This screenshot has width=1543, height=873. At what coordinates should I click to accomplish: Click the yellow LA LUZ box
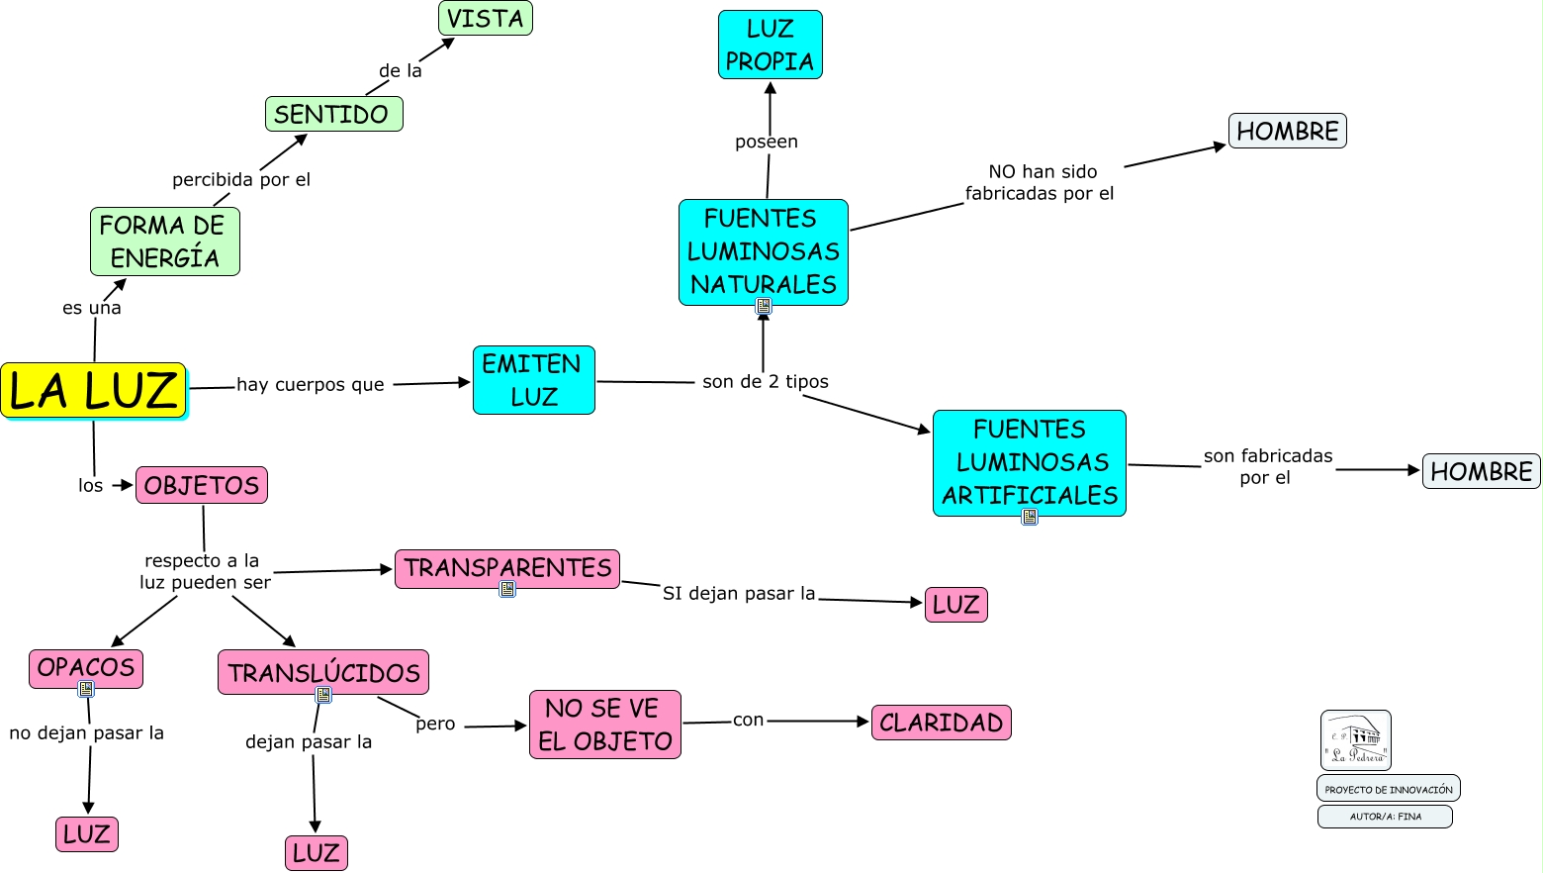click(x=94, y=390)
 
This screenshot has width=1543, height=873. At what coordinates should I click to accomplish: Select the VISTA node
click(x=485, y=18)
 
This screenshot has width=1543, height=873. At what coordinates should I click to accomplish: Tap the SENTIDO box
click(x=333, y=114)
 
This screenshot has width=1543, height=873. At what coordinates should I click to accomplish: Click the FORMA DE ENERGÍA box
click(x=164, y=242)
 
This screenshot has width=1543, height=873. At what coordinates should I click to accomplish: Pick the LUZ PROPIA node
click(x=770, y=45)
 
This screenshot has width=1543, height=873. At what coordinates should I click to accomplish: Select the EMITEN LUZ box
click(x=533, y=380)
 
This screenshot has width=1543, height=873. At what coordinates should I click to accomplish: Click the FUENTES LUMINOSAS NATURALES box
click(x=763, y=251)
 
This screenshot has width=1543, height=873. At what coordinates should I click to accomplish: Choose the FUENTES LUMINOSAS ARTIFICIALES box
click(x=1029, y=462)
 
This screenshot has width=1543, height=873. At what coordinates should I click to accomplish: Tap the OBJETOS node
click(x=202, y=485)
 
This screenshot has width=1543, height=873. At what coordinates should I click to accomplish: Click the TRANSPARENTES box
click(x=507, y=568)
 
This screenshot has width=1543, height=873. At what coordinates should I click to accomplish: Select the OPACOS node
click(x=86, y=668)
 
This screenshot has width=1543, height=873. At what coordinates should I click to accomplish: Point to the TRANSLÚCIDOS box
click(x=323, y=672)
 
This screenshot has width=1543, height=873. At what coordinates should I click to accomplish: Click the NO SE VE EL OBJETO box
click(x=605, y=725)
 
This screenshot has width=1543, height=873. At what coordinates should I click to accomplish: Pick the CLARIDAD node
click(x=941, y=723)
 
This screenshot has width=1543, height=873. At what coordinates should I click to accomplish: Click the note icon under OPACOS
click(x=86, y=689)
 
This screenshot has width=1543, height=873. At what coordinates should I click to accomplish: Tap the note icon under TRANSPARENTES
click(x=507, y=589)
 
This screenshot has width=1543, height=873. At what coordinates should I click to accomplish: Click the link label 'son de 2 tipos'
click(x=766, y=382)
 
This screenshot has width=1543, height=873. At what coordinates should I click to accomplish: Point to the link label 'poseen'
click(x=767, y=143)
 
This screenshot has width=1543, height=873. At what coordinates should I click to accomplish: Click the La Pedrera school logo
click(x=1355, y=740)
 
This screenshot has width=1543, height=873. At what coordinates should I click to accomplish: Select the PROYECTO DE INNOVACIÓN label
click(x=1388, y=789)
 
